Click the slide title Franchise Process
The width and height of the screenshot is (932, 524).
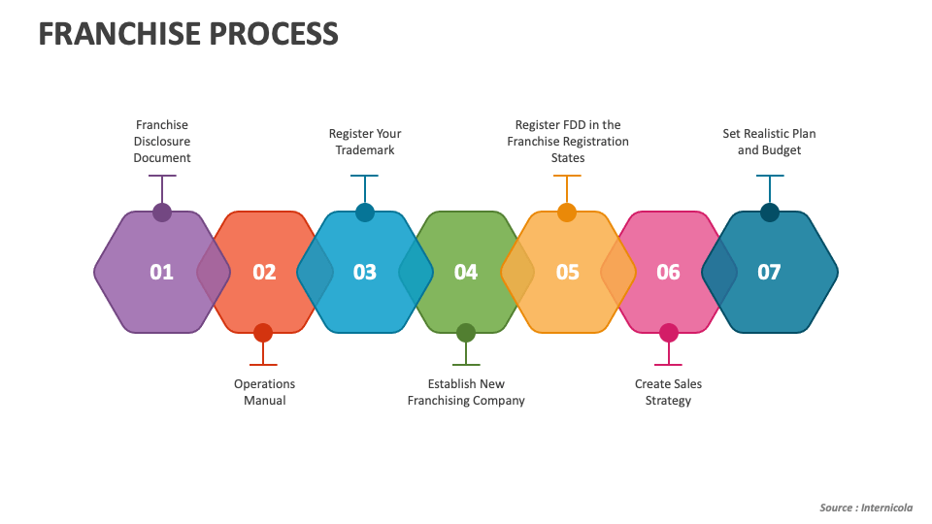(188, 34)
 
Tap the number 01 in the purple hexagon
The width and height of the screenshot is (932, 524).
(162, 273)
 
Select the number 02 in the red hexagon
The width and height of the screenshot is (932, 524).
(264, 273)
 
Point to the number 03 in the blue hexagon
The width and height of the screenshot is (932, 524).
(365, 273)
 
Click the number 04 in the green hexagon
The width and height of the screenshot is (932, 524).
(466, 273)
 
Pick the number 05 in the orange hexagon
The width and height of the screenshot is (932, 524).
(568, 273)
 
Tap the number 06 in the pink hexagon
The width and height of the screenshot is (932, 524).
(669, 273)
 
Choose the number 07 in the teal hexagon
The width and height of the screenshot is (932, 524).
(769, 273)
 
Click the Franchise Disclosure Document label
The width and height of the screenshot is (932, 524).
(162, 141)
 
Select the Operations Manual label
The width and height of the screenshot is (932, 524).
(264, 392)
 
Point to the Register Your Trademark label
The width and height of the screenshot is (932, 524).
(365, 142)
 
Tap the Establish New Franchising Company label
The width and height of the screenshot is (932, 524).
(466, 392)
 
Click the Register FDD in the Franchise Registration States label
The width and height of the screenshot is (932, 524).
(568, 141)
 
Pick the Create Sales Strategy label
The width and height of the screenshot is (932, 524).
(668, 392)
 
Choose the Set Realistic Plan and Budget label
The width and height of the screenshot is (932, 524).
(769, 142)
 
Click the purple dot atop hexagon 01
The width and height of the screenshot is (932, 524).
(162, 213)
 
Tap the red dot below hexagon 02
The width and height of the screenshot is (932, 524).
(263, 333)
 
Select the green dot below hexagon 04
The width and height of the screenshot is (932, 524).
(466, 333)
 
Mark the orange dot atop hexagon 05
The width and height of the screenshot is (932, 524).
(567, 213)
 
